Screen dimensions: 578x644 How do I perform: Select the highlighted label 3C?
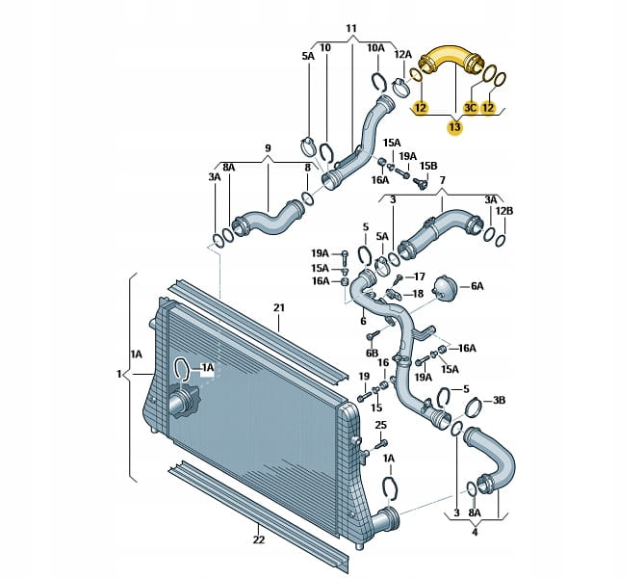pyautogui.click(x=472, y=109)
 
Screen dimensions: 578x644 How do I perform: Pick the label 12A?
pyautogui.click(x=403, y=55)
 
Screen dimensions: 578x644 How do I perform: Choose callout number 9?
pyautogui.click(x=269, y=148)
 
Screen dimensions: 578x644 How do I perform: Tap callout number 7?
pyautogui.click(x=443, y=180)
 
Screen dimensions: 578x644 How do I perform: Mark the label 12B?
pyautogui.click(x=505, y=211)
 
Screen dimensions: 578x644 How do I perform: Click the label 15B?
pyautogui.click(x=426, y=165)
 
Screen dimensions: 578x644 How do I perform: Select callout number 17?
pyautogui.click(x=419, y=276)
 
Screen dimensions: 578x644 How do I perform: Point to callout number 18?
pyautogui.click(x=418, y=293)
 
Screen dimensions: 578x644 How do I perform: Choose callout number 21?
pyautogui.click(x=278, y=308)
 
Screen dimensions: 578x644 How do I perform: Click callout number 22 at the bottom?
pyautogui.click(x=259, y=539)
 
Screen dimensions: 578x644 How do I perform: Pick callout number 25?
pyautogui.click(x=380, y=425)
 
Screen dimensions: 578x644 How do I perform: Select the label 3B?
pyautogui.click(x=500, y=399)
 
